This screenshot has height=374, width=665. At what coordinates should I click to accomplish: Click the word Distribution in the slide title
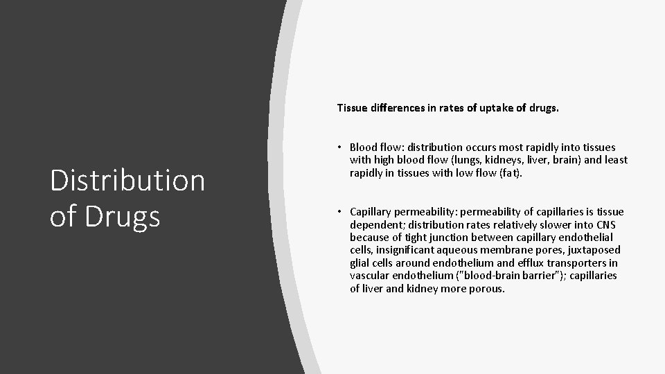[x=127, y=181]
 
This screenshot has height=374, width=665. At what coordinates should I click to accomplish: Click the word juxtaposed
[x=595, y=249]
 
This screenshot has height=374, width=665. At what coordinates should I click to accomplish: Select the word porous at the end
[x=488, y=288]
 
